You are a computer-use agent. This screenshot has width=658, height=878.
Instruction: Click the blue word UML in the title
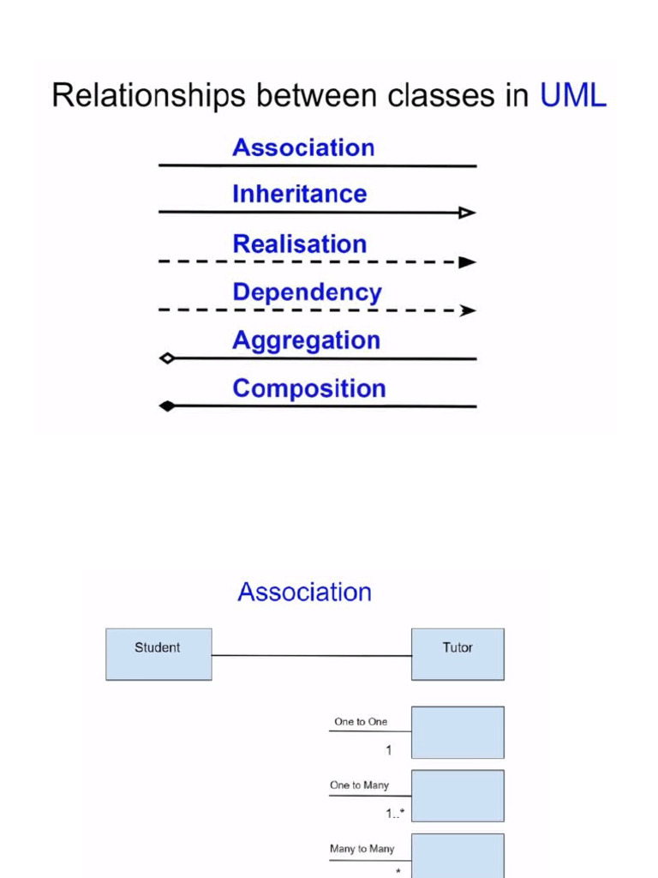[x=572, y=95]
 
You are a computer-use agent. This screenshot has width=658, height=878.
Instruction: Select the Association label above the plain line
[x=303, y=147]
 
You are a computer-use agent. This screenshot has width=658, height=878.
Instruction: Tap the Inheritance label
[x=299, y=195]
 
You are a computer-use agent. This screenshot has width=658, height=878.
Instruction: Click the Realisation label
[x=299, y=244]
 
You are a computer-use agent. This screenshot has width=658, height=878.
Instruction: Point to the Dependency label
[x=307, y=292]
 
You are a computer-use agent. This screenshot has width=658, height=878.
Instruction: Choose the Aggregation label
[x=306, y=340]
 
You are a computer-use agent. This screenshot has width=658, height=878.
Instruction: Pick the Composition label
[x=308, y=388]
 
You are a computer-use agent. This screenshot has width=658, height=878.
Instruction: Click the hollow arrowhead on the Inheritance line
[x=467, y=213]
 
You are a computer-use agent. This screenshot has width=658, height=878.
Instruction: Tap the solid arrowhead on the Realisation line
[x=467, y=262]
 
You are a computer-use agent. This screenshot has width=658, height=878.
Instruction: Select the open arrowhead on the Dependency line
[x=468, y=310]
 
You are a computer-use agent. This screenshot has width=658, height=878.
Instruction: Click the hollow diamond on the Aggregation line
[x=168, y=358]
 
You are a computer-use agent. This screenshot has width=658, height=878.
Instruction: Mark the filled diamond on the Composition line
[x=168, y=406]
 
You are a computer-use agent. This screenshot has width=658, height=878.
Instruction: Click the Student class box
[x=159, y=654]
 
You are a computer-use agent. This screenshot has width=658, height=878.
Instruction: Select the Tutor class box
[x=458, y=654]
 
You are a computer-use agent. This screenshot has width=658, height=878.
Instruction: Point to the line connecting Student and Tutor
[x=311, y=656]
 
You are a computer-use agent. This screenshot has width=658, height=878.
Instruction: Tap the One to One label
[x=361, y=722]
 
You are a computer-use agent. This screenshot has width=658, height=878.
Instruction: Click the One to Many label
[x=359, y=785]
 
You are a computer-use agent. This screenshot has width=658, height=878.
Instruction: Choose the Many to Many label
[x=362, y=849]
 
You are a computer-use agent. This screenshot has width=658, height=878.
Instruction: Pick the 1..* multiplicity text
[x=394, y=813]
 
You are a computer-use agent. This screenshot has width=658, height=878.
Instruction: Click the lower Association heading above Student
[x=304, y=592]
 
